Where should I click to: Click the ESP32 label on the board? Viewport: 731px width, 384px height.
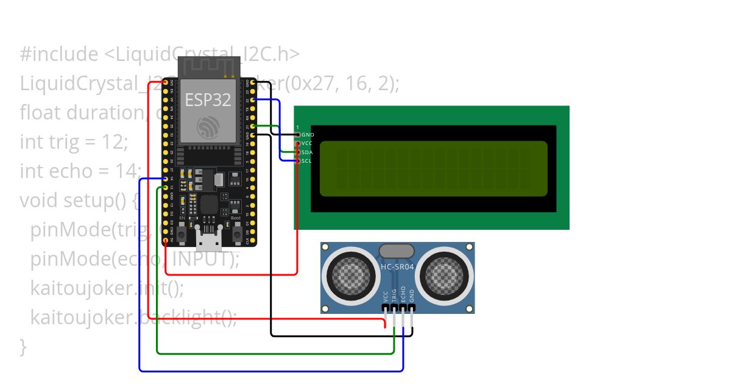pyautogui.click(x=203, y=99)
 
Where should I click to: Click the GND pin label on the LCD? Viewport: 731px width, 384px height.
pyautogui.click(x=308, y=134)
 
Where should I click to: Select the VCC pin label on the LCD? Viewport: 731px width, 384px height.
pyautogui.click(x=307, y=143)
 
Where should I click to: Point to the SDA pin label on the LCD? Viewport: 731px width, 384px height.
pyautogui.click(x=307, y=152)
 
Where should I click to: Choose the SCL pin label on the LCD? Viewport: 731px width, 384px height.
pyautogui.click(x=307, y=161)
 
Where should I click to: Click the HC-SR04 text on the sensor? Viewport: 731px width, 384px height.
pyautogui.click(x=397, y=266)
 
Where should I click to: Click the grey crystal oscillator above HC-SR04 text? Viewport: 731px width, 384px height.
pyautogui.click(x=397, y=251)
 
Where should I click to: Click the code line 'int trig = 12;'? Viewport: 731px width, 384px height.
pyautogui.click(x=74, y=142)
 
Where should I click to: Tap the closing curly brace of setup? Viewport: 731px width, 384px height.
pyautogui.click(x=23, y=346)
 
